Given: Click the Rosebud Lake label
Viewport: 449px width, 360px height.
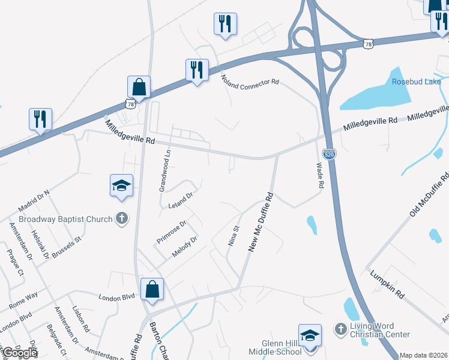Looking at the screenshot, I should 416,82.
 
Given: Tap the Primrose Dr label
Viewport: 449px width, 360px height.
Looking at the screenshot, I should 171,230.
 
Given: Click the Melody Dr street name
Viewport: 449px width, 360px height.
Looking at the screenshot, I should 185,247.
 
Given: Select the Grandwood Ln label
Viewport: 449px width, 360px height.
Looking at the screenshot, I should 164,170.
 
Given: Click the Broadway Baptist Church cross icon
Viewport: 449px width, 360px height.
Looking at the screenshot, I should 122,218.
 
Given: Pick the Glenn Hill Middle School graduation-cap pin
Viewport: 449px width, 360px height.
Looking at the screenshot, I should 310,335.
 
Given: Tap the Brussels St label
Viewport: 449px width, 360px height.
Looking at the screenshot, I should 65,247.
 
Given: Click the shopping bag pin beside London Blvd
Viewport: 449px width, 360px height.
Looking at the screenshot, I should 152,289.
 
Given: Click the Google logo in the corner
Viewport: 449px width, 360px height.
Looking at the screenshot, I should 20,353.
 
